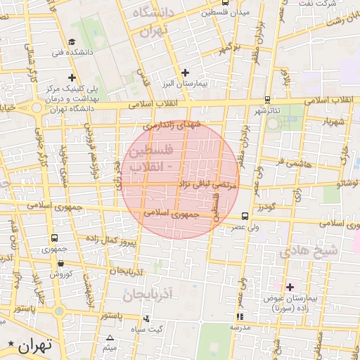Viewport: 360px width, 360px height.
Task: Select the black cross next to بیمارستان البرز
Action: point(185,72)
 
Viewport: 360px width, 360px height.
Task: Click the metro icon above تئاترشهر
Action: point(266,100)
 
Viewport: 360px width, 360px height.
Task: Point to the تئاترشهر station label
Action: point(267,111)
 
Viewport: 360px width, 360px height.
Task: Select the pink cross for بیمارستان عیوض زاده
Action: point(290,286)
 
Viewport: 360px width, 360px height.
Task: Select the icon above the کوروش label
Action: point(61,262)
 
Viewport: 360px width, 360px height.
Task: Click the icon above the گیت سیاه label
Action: point(146,319)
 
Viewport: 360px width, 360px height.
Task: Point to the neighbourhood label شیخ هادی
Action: point(309,250)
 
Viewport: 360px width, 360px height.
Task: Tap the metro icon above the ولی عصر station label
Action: point(243,217)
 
